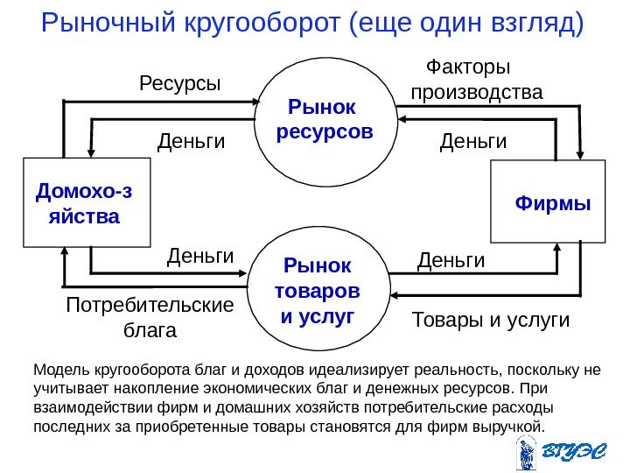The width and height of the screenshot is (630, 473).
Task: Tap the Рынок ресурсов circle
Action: (325, 120)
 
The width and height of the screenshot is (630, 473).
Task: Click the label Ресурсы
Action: (180, 84)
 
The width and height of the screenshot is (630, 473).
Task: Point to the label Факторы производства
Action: (476, 81)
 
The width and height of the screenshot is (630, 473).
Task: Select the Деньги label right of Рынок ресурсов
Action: (473, 140)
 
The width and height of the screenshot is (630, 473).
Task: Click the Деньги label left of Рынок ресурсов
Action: (191, 140)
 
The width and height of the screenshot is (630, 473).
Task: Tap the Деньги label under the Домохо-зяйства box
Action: (200, 257)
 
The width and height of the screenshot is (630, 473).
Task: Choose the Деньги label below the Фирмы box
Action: (451, 260)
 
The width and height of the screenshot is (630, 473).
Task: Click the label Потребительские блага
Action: (150, 318)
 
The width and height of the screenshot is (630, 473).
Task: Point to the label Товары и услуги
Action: (490, 321)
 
